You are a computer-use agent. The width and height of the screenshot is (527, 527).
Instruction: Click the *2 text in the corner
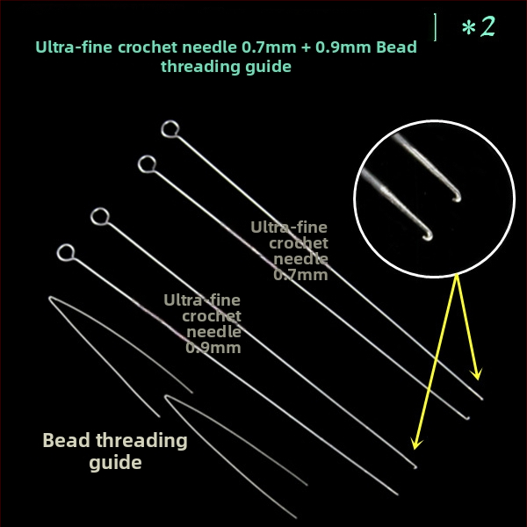479,26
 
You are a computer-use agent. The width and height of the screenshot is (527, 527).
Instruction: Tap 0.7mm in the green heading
270,47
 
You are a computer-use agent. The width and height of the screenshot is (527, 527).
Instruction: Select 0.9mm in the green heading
343,47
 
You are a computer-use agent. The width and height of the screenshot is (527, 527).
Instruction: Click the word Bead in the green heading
397,47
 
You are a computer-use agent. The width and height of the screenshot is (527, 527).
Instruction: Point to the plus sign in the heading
306,47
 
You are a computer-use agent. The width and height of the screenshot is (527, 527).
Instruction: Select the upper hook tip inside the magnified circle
457,199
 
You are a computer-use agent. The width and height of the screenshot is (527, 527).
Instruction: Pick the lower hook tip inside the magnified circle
429,237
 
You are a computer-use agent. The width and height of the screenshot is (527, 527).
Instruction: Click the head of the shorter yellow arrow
477,375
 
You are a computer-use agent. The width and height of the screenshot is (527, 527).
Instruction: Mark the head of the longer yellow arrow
416,444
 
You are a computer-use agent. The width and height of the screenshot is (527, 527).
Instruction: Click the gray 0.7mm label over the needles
300,275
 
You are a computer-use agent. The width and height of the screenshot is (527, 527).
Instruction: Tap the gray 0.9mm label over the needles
213,348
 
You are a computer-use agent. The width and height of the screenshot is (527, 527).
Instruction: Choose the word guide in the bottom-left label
115,463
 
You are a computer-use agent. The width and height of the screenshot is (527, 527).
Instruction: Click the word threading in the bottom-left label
141,441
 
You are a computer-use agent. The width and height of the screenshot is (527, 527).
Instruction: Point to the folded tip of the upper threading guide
50,298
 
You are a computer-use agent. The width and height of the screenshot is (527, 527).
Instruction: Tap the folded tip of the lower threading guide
166,397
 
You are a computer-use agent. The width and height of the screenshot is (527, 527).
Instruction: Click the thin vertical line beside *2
436,27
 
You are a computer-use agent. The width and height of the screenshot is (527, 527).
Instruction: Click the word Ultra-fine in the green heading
74,47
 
